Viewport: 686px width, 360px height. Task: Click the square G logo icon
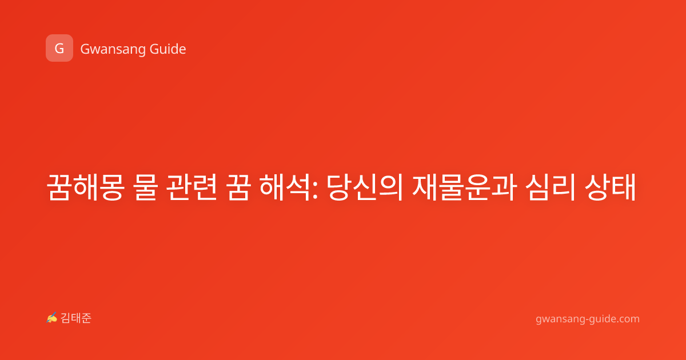click(59, 48)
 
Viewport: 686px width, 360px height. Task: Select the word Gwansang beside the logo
click(113, 50)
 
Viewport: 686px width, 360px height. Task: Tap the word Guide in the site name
click(168, 49)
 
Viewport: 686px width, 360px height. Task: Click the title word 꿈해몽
click(85, 187)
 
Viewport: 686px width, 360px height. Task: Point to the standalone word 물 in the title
click(145, 187)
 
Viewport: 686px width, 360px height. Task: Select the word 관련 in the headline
click(192, 187)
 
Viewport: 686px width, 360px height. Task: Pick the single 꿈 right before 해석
click(238, 187)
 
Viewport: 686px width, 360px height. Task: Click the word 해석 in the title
click(285, 187)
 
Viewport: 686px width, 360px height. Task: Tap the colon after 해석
click(315, 189)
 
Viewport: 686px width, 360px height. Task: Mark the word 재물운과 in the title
click(465, 187)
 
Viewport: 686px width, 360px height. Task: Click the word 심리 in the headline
click(551, 187)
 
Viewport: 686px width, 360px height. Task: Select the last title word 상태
click(610, 187)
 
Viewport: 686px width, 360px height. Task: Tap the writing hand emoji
click(52, 318)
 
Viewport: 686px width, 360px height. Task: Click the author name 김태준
click(76, 318)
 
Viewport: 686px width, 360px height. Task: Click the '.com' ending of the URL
click(628, 319)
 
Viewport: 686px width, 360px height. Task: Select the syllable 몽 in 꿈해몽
click(112, 187)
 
